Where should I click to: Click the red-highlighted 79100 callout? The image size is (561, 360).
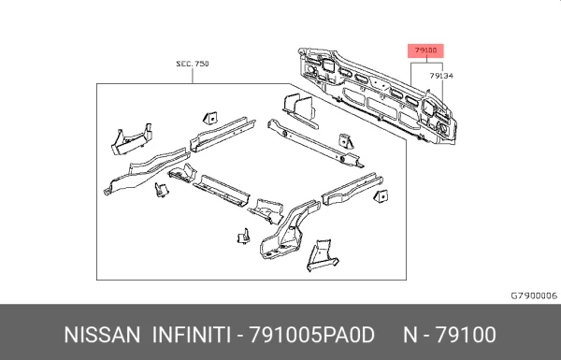pos(425,50)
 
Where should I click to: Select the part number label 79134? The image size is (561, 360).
pos(441,76)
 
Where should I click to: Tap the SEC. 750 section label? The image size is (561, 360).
pos(193,64)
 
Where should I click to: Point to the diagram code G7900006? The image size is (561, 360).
pos(534,295)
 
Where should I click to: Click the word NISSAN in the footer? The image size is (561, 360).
pos(102,336)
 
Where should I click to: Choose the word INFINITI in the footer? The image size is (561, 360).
pos(192,336)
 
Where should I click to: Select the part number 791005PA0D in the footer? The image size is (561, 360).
pos(311,336)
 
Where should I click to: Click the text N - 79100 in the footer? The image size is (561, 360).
pos(450,336)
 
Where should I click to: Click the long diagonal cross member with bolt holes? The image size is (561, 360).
pos(315,144)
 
